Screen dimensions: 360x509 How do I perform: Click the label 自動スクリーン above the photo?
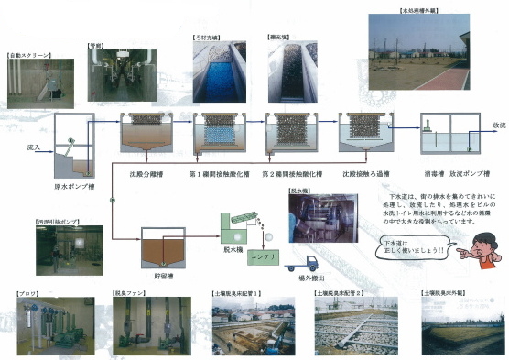[27, 55]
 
